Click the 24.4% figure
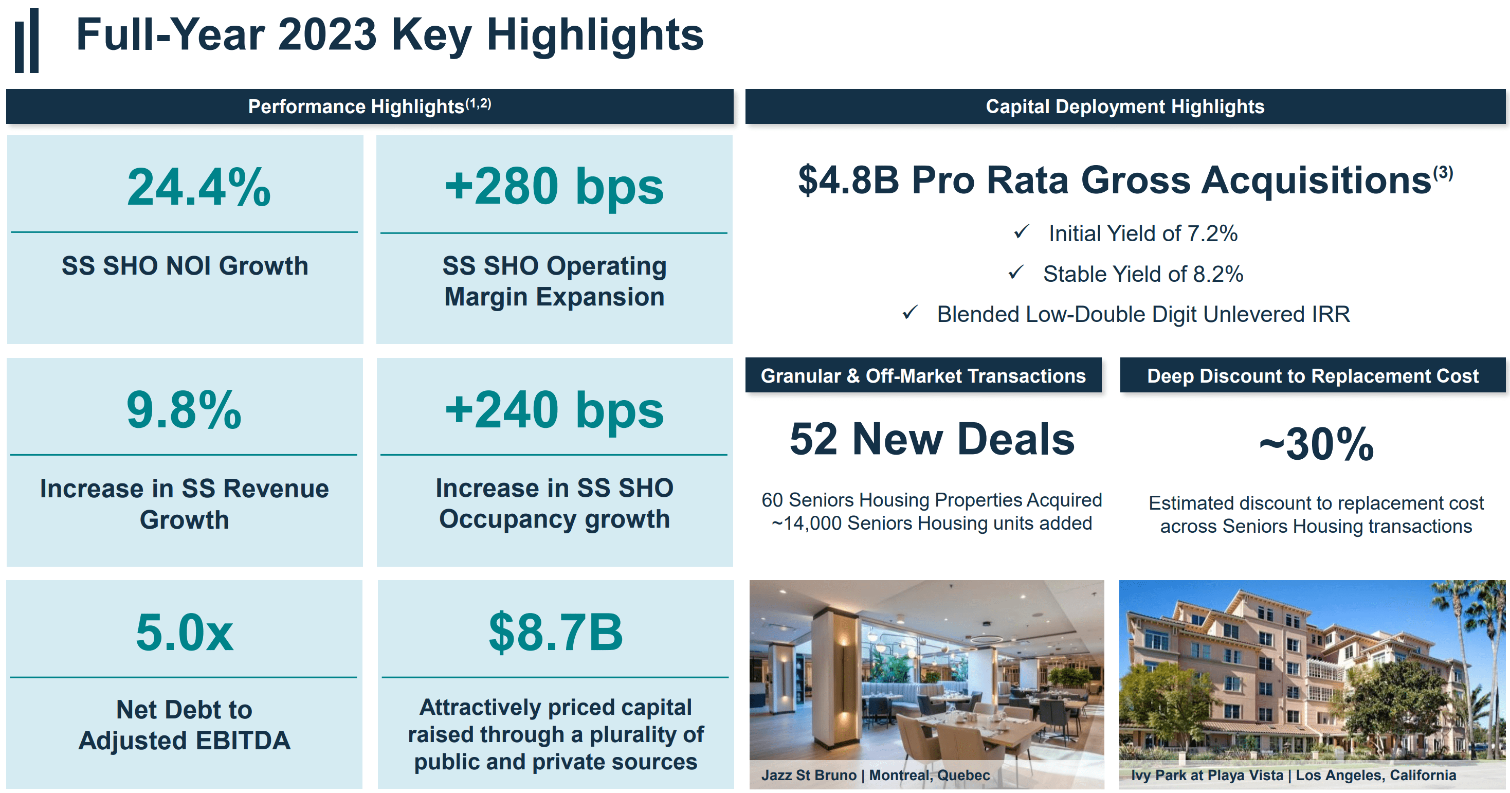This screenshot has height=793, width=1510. (x=199, y=188)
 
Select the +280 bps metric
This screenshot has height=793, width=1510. (x=554, y=187)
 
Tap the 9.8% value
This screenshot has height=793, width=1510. (x=184, y=410)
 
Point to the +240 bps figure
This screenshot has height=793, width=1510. (x=554, y=410)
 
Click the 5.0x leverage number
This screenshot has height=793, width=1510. (x=184, y=633)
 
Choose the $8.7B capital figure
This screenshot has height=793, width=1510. (x=555, y=633)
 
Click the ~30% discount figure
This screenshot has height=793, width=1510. (x=1316, y=444)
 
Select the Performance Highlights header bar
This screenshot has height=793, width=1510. (x=369, y=106)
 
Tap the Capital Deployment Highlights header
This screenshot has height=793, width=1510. (x=1124, y=106)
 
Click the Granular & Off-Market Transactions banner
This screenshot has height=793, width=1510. (x=923, y=375)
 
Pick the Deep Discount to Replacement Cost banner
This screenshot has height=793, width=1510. (x=1312, y=375)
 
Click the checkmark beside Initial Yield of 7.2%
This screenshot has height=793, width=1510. (x=1021, y=232)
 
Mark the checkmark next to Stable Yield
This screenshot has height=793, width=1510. (x=1016, y=273)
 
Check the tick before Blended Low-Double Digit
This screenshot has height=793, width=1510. (x=909, y=313)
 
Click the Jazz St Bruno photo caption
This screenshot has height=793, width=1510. (x=875, y=775)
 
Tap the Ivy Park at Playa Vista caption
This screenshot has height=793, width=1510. (x=1293, y=775)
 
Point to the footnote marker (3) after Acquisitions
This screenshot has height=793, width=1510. (x=1443, y=172)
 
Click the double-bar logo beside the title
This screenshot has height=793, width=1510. (x=27, y=41)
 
